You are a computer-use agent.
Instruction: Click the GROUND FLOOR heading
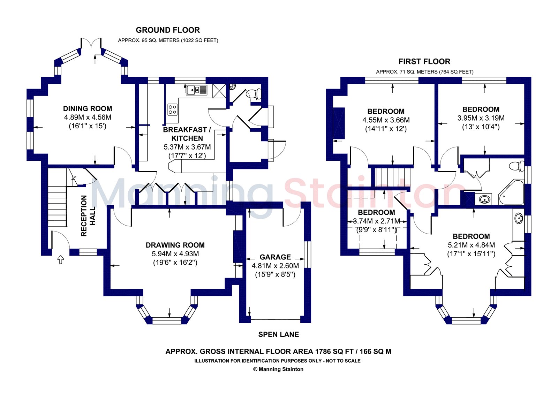168,30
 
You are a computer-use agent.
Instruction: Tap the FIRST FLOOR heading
424,61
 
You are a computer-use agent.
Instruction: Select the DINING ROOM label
88,108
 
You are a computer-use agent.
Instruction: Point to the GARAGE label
275,257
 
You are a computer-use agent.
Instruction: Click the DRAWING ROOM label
175,245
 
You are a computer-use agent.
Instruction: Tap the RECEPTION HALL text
88,216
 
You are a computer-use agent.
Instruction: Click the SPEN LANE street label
279,334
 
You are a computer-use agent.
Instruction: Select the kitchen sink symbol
197,90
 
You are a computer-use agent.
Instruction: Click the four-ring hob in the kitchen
172,109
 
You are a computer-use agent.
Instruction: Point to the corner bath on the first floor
511,192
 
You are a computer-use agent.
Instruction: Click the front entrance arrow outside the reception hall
61,259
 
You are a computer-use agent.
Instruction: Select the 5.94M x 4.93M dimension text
175,254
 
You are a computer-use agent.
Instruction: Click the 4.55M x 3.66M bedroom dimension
386,120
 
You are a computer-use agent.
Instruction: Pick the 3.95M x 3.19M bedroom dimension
481,118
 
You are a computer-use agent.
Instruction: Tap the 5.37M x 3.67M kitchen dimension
187,147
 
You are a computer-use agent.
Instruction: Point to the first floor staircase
392,177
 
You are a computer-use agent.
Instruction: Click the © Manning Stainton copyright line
278,369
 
